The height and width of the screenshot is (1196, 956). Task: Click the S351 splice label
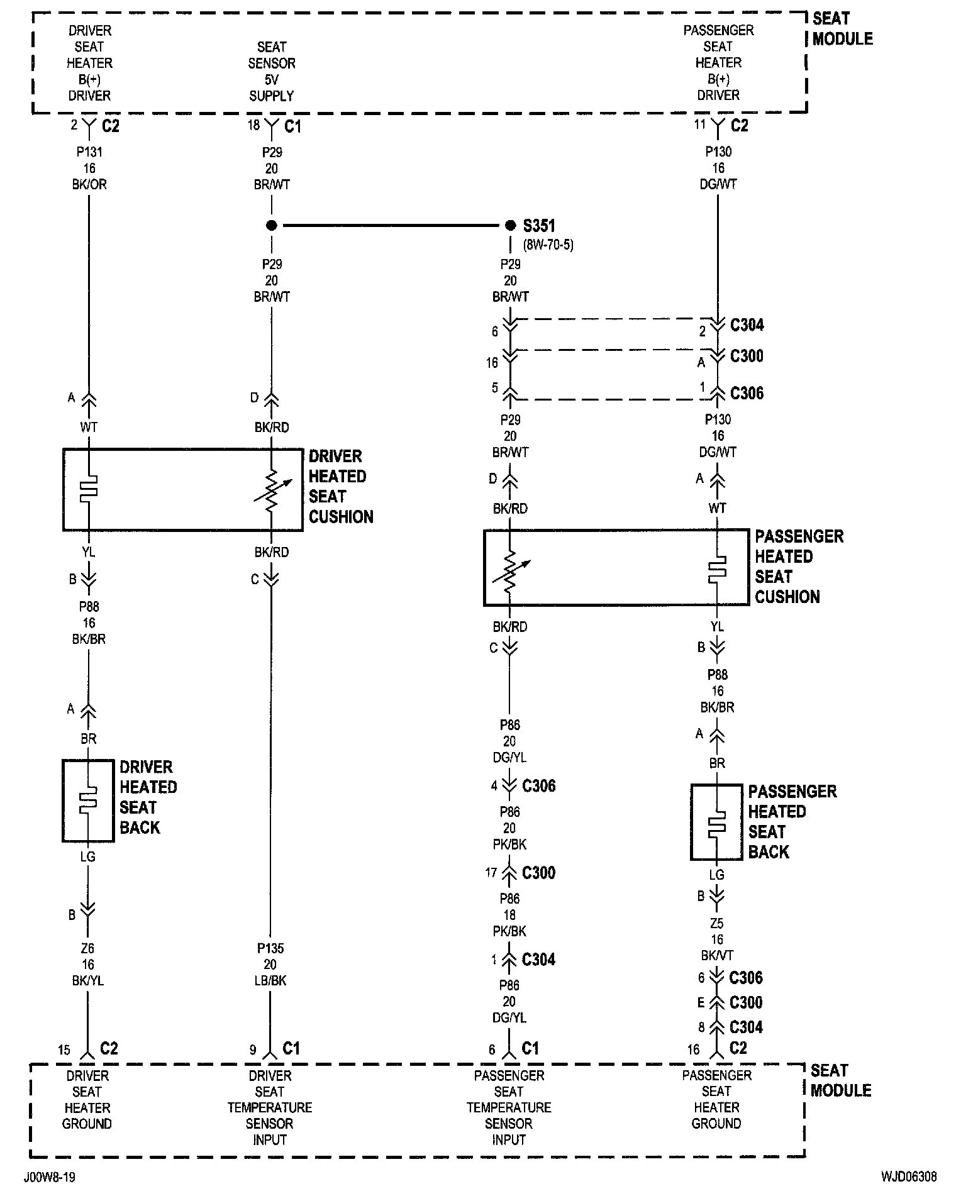(x=539, y=226)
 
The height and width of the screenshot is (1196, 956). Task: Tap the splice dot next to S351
(x=509, y=225)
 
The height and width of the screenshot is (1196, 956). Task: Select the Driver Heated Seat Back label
(x=148, y=797)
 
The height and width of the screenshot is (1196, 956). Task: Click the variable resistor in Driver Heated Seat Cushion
(x=272, y=490)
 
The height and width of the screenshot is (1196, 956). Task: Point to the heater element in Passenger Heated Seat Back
(x=716, y=822)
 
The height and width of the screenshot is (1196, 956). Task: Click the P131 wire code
(x=89, y=152)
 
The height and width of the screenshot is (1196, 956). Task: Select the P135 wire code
(x=271, y=948)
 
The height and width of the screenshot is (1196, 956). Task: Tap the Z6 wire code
(x=88, y=948)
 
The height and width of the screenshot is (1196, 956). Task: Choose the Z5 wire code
(x=716, y=924)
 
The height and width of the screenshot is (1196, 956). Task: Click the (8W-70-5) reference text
(x=548, y=245)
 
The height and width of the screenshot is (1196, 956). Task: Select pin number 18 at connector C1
(x=253, y=125)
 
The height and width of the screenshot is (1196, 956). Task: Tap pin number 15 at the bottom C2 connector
(x=64, y=1050)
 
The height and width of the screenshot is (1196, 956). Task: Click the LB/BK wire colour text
(x=271, y=981)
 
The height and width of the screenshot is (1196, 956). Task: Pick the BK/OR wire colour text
(x=89, y=185)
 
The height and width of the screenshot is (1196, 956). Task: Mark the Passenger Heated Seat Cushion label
(x=799, y=567)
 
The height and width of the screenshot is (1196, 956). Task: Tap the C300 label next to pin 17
(x=539, y=873)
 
